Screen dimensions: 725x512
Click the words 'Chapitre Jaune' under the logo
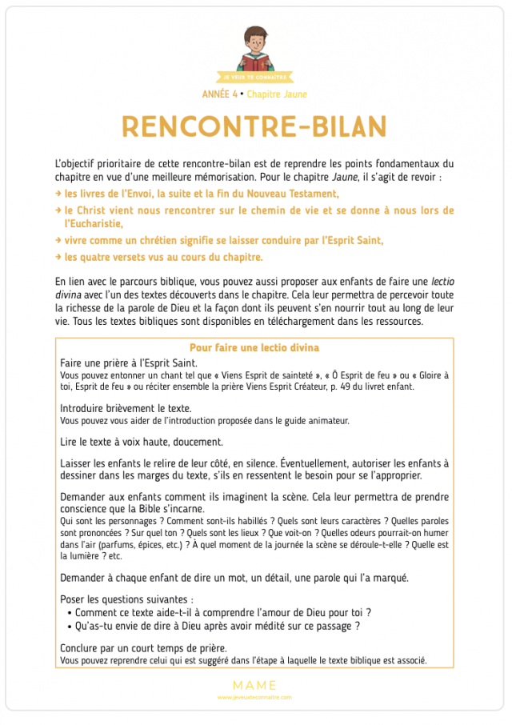pyautogui.click(x=277, y=94)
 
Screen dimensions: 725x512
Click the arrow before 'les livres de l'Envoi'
pyautogui.click(x=58, y=194)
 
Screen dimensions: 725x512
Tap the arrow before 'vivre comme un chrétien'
pyautogui.click(x=58, y=240)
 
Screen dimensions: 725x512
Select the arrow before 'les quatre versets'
pyautogui.click(x=58, y=257)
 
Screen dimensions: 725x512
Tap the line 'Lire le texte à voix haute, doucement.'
pyautogui.click(x=142, y=441)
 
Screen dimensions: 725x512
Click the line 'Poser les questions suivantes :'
pyautogui.click(x=126, y=599)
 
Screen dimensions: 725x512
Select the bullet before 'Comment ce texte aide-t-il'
pyautogui.click(x=70, y=612)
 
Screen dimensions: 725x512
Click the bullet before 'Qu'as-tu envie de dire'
pyautogui.click(x=70, y=627)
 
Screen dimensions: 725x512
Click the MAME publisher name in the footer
pyautogui.click(x=254, y=685)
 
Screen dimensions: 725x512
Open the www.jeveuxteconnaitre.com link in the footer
pyautogui.click(x=254, y=697)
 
